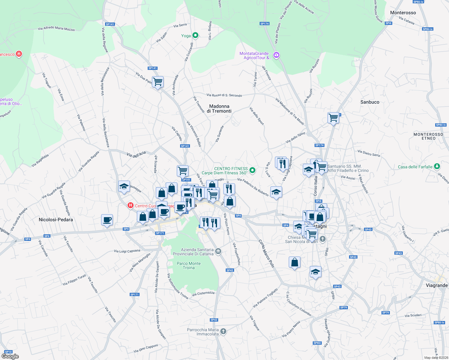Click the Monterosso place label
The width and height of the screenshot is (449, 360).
pyautogui.click(x=403, y=13)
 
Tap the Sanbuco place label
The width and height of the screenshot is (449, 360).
pyautogui.click(x=370, y=102)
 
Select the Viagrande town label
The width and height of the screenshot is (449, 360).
pyautogui.click(x=436, y=285)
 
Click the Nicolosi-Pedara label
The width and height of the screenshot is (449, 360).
pyautogui.click(x=56, y=220)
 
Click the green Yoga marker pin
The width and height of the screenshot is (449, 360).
pyautogui.click(x=195, y=36)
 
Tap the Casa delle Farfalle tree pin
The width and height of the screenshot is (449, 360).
pyautogui.click(x=437, y=166)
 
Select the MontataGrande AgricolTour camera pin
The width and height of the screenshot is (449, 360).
pyautogui.click(x=276, y=55)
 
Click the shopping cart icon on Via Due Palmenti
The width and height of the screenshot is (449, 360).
pyautogui.click(x=158, y=82)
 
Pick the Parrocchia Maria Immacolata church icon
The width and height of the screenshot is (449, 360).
pyautogui.click(x=223, y=331)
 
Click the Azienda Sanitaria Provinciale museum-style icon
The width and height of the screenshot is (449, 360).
pyautogui.click(x=218, y=251)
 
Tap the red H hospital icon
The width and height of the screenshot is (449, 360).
pyautogui.click(x=130, y=205)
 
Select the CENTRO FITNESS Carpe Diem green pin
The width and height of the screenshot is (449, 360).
pyautogui.click(x=252, y=170)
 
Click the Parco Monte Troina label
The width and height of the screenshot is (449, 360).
pyautogui.click(x=188, y=265)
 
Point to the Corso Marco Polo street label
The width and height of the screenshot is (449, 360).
pyautogui.click(x=266, y=253)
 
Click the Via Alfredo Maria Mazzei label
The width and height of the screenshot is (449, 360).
pyautogui.click(x=56, y=28)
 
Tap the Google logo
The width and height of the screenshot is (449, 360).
pyautogui.click(x=10, y=356)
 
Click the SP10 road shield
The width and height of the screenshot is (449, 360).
pyautogui.click(x=8, y=352)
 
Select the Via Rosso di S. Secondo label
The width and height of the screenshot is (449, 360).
pyautogui.click(x=224, y=95)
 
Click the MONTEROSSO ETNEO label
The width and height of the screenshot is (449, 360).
pyautogui.click(x=428, y=136)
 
